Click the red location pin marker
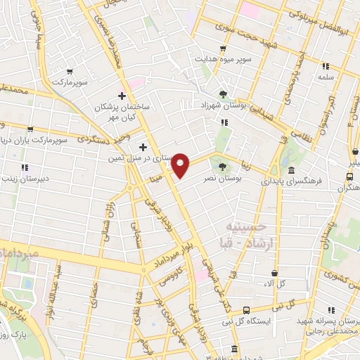click(x=181, y=165)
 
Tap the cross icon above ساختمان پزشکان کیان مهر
click(x=122, y=95)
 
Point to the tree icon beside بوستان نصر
click(x=223, y=167)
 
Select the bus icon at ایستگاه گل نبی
click(x=246, y=310)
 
